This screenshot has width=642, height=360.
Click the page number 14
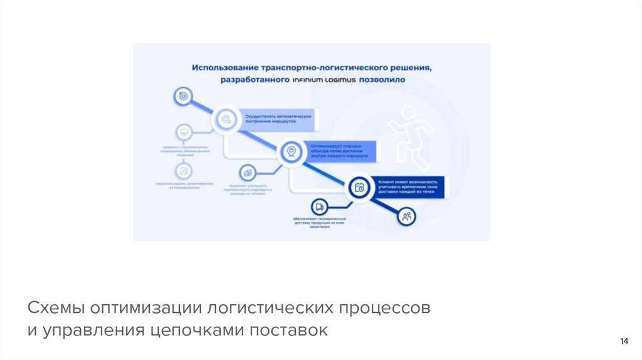(x=624, y=341)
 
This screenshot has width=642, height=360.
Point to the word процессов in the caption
(x=384, y=309)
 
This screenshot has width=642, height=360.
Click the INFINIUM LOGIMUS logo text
(x=323, y=80)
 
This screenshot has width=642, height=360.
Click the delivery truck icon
(x=320, y=206)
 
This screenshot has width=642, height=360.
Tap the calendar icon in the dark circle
(x=360, y=187)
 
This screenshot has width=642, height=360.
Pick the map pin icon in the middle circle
(x=290, y=151)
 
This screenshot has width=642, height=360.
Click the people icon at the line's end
(x=407, y=217)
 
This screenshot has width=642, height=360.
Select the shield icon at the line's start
(x=182, y=96)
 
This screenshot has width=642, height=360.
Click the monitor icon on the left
(x=184, y=132)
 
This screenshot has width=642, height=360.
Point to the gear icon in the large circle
(x=226, y=117)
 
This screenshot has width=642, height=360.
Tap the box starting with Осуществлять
(x=279, y=119)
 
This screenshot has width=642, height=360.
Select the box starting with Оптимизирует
(x=342, y=151)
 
